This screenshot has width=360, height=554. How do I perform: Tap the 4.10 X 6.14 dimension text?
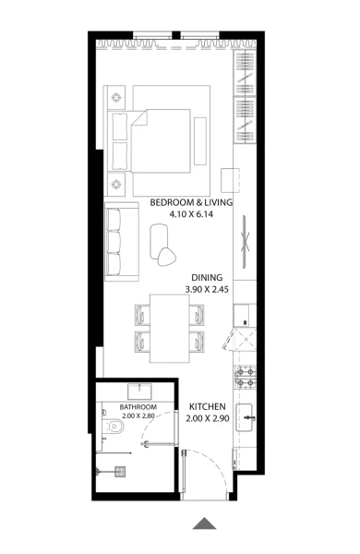point(191,214)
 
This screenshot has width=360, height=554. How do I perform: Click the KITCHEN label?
point(210,407)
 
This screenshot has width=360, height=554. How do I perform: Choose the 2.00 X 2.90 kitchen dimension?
point(210,419)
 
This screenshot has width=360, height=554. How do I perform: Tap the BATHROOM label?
point(138,406)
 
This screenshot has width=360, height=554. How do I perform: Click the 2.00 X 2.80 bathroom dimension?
point(138,416)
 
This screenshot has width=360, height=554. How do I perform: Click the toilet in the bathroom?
point(113,428)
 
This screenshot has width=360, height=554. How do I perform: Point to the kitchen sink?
point(248,417)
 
